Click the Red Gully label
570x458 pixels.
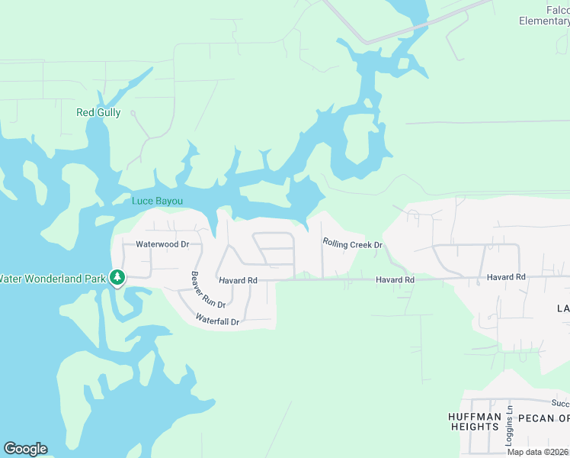(98, 112)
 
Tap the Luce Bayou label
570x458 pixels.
(158, 202)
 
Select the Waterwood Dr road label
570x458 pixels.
(162, 245)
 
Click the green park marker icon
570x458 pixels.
(117, 278)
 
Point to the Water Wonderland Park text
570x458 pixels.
(52, 279)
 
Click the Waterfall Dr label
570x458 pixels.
(217, 320)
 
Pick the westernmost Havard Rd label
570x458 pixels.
(238, 281)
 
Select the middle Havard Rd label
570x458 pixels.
(395, 280)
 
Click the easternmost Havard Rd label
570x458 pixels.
(507, 276)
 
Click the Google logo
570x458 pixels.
(25, 449)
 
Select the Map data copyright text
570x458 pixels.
(538, 452)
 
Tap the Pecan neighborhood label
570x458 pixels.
(543, 418)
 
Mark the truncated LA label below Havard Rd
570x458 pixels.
(562, 308)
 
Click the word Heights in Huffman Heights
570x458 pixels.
(474, 427)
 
